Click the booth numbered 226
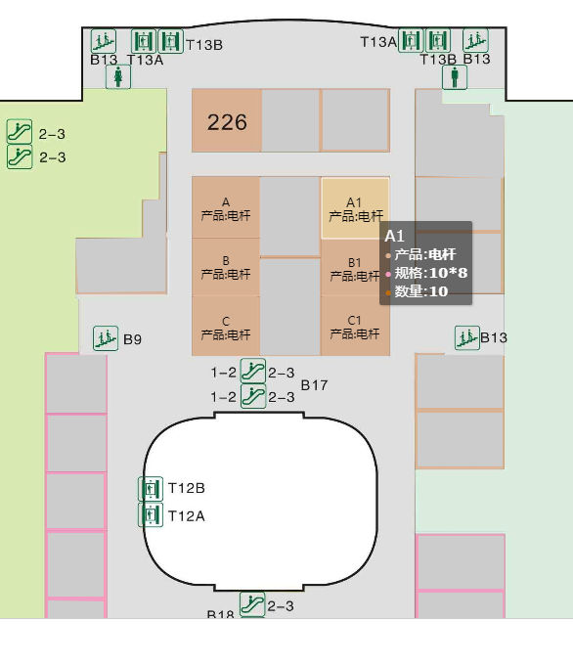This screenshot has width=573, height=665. pyautogui.click(x=227, y=120)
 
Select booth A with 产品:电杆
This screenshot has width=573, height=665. pyautogui.click(x=226, y=207)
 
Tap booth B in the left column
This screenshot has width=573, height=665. pyautogui.click(x=226, y=267)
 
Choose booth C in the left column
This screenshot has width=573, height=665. pyautogui.click(x=226, y=326)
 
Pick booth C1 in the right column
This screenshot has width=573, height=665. pyautogui.click(x=355, y=326)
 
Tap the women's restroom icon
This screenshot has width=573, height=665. pyautogui.click(x=118, y=76)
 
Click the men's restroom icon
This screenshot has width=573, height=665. pyautogui.click(x=455, y=77)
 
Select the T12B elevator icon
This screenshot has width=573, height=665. pyautogui.click(x=151, y=489)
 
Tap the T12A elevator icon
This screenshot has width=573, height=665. pyautogui.click(x=151, y=514)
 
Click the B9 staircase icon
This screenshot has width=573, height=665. pyautogui.click(x=106, y=338)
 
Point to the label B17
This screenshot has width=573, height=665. pyautogui.click(x=314, y=385)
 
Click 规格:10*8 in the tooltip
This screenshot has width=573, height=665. pyautogui.click(x=431, y=273)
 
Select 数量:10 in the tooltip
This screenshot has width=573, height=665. pyautogui.click(x=421, y=291)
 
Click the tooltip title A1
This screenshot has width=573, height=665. pyautogui.click(x=394, y=236)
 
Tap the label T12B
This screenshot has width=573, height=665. pyautogui.click(x=187, y=488)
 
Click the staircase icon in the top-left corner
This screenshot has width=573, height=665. pyautogui.click(x=104, y=41)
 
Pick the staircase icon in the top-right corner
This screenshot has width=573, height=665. pyautogui.click(x=475, y=40)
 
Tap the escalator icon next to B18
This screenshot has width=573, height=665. pyautogui.click(x=252, y=604)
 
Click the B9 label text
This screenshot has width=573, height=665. pyautogui.click(x=132, y=339)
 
